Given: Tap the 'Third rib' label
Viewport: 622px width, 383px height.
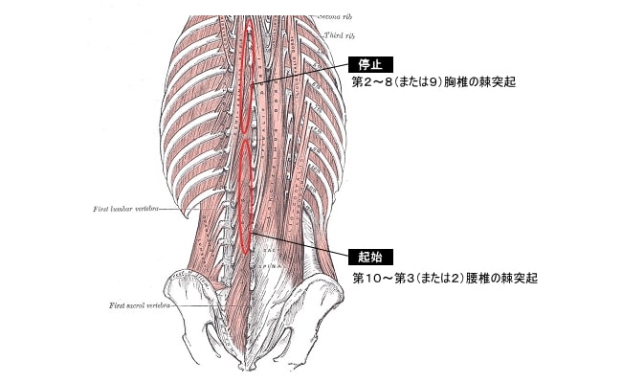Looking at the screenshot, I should pos(339,34).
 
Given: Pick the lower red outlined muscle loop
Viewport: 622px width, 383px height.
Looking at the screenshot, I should pos(247,191).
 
